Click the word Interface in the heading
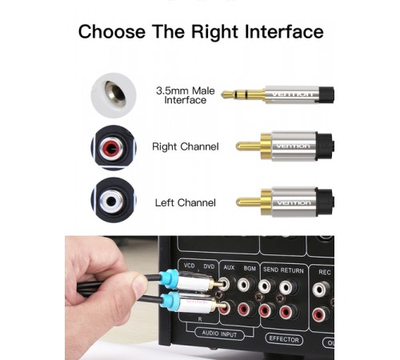click(284, 32)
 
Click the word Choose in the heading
click(112, 32)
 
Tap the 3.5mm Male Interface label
click(186, 95)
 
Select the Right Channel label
click(186, 146)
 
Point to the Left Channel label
click(186, 202)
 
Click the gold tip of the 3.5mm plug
click(229, 94)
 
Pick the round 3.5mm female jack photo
click(114, 95)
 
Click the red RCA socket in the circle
click(112, 147)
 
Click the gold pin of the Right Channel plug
click(248, 146)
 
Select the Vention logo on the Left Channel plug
click(294, 203)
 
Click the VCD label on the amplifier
click(190, 266)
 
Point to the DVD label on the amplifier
click(209, 266)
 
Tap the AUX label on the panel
click(229, 267)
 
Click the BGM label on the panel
click(250, 268)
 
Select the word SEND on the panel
click(270, 270)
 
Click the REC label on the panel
click(325, 272)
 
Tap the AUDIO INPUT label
click(219, 334)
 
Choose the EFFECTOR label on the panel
click(284, 339)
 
